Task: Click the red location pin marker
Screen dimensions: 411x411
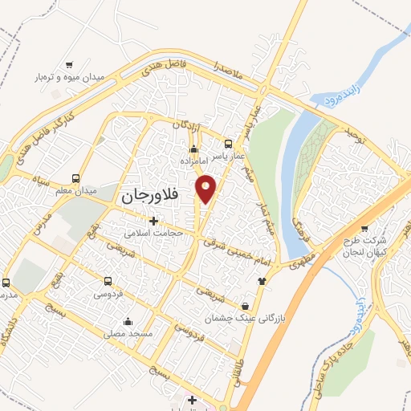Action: click(x=206, y=189)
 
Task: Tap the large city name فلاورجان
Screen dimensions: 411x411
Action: click(x=153, y=195)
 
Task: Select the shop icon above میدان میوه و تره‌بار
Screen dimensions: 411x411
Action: click(x=70, y=64)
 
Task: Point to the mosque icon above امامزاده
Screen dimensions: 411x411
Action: click(x=193, y=149)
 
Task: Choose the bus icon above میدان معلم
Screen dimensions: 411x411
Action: click(x=75, y=178)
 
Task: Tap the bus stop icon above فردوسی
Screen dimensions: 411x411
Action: click(x=108, y=280)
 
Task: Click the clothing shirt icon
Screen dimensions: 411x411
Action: click(x=261, y=280)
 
